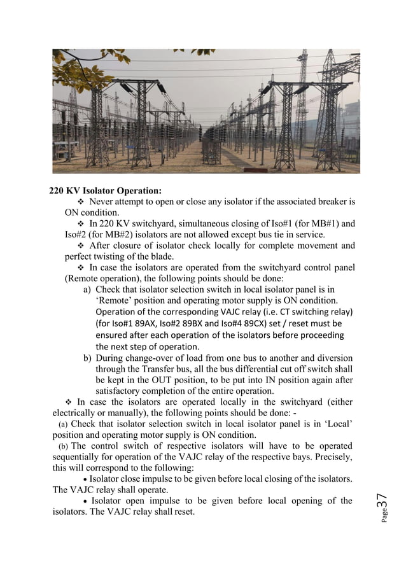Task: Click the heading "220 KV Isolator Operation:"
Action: tap(106, 190)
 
